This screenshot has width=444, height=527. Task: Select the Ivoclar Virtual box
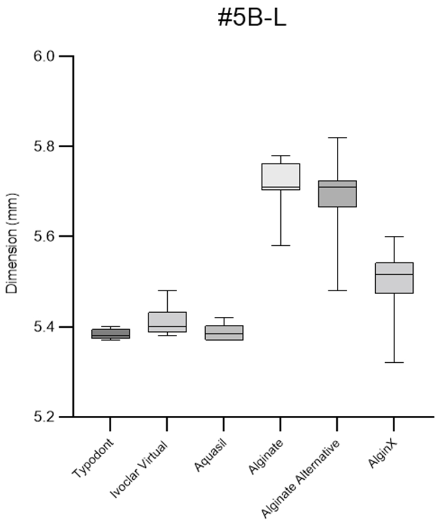coord(167,321)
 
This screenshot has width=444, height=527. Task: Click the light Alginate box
coord(281,176)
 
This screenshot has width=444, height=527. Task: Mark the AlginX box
coord(394,278)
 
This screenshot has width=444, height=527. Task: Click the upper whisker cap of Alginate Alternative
coord(337,137)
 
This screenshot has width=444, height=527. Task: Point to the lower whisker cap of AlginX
coord(394,363)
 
